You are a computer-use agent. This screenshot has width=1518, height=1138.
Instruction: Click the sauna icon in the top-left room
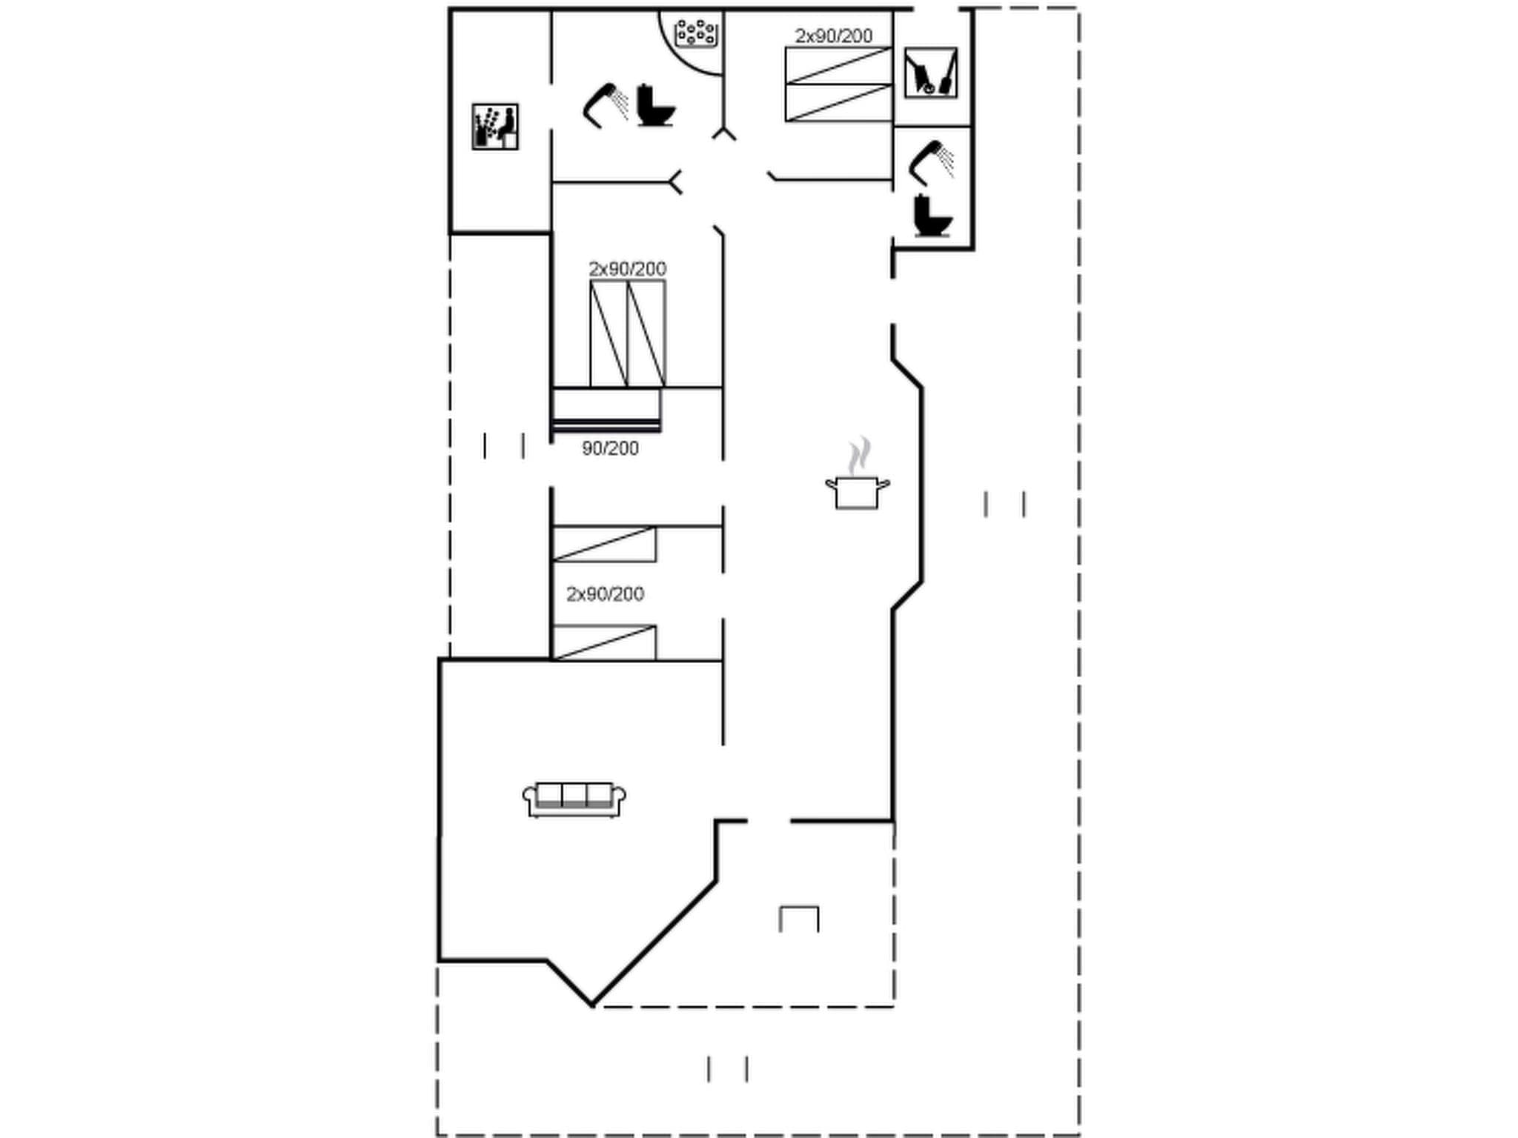[x=495, y=127]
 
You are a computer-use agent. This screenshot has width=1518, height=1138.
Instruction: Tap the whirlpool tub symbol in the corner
[x=696, y=33]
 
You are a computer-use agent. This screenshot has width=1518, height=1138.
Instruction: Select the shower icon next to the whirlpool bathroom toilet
[x=606, y=105]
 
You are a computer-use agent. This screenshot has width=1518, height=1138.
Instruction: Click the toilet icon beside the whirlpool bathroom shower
[x=655, y=106]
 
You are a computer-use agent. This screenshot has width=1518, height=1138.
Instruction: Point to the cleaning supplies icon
[x=931, y=73]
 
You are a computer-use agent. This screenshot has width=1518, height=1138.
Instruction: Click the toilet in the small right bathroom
[x=932, y=216]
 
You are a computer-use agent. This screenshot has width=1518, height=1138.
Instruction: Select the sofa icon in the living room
[x=574, y=799]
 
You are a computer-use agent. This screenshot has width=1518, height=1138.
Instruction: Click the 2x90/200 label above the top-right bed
[x=834, y=36]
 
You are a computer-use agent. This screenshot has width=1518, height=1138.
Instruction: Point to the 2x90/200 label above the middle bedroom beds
[x=627, y=268]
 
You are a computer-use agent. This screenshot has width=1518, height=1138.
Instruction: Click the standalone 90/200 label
[x=610, y=448]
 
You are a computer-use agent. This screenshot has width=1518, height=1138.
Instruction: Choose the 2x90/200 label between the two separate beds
[x=605, y=593]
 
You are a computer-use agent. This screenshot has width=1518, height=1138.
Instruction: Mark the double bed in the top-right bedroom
[x=838, y=84]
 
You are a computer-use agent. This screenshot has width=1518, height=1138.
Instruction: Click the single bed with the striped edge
[x=606, y=409]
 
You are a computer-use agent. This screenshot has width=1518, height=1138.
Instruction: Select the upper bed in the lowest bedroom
[x=604, y=544]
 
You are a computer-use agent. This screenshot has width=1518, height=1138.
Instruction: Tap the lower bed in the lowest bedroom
[x=604, y=642]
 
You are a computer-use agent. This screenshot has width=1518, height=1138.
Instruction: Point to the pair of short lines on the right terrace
[x=1004, y=504]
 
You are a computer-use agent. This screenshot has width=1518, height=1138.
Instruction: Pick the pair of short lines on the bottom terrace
[x=727, y=1069]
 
